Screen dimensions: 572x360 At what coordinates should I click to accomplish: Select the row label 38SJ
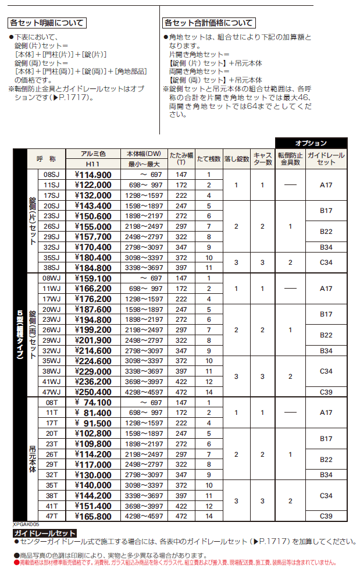pos(52,268)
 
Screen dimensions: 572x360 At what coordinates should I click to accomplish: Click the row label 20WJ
pos(52,310)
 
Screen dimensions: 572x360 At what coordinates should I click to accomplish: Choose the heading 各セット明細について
pos(47,23)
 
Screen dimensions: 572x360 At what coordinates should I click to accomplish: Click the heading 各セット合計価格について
pos(208,23)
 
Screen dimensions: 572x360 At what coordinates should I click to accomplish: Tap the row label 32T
pos(52,475)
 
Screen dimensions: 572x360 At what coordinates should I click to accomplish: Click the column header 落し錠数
pos(236,159)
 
